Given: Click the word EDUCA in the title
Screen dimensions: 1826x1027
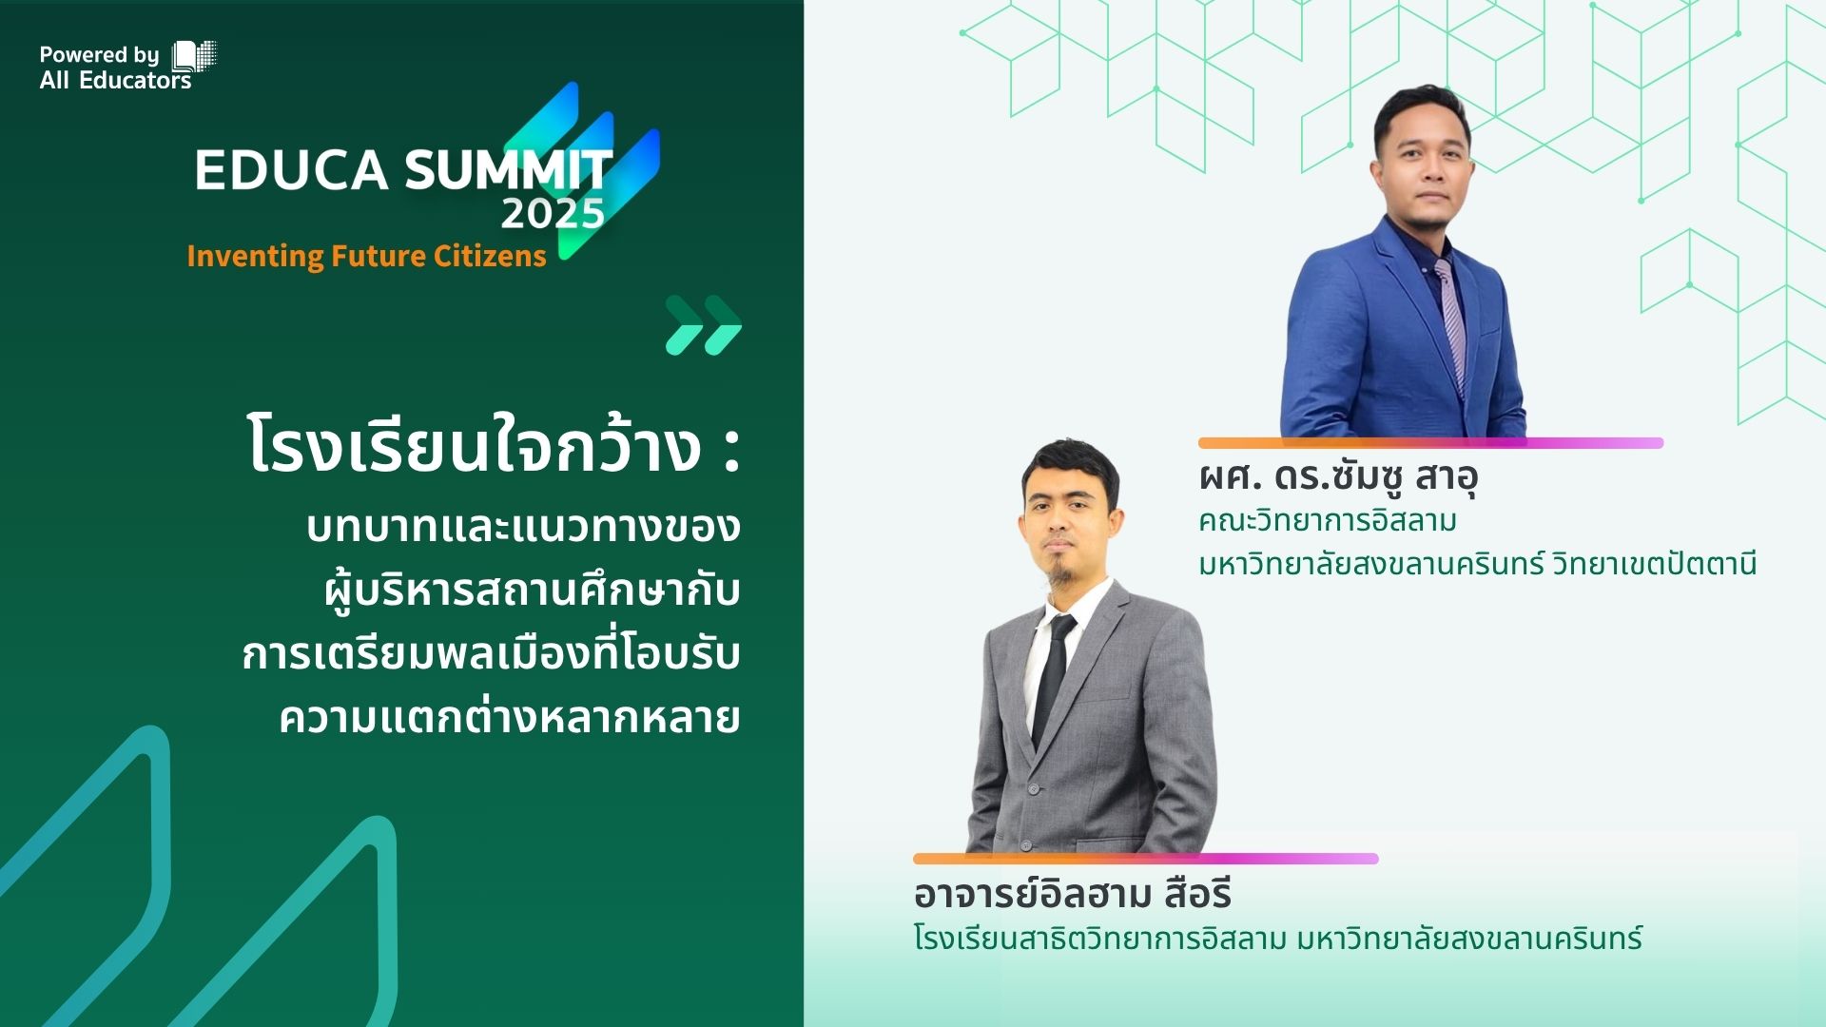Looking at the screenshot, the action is (x=292, y=170).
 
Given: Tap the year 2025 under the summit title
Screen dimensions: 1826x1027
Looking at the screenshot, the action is (x=553, y=214).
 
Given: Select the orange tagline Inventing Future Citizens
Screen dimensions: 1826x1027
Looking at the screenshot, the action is (x=366, y=256).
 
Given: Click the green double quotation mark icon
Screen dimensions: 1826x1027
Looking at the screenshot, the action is (x=704, y=325).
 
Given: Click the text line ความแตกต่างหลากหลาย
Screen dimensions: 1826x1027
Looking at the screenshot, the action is (x=510, y=717).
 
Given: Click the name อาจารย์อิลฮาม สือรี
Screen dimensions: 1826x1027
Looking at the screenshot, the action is (x=1073, y=893).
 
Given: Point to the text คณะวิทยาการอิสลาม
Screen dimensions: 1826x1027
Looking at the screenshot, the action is (x=1328, y=521).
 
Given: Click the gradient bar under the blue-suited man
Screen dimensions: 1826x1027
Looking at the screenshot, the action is (x=1430, y=443).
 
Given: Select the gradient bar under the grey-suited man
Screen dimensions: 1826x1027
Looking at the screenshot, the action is (x=1145, y=859).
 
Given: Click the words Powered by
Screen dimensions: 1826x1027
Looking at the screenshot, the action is (x=99, y=55).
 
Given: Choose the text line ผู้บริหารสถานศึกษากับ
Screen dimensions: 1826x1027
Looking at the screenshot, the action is (x=532, y=591).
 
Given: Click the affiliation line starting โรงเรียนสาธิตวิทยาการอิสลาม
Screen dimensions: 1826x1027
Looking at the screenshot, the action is (x=1277, y=939).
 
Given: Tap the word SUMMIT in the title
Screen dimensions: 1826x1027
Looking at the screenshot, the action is (x=509, y=170).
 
